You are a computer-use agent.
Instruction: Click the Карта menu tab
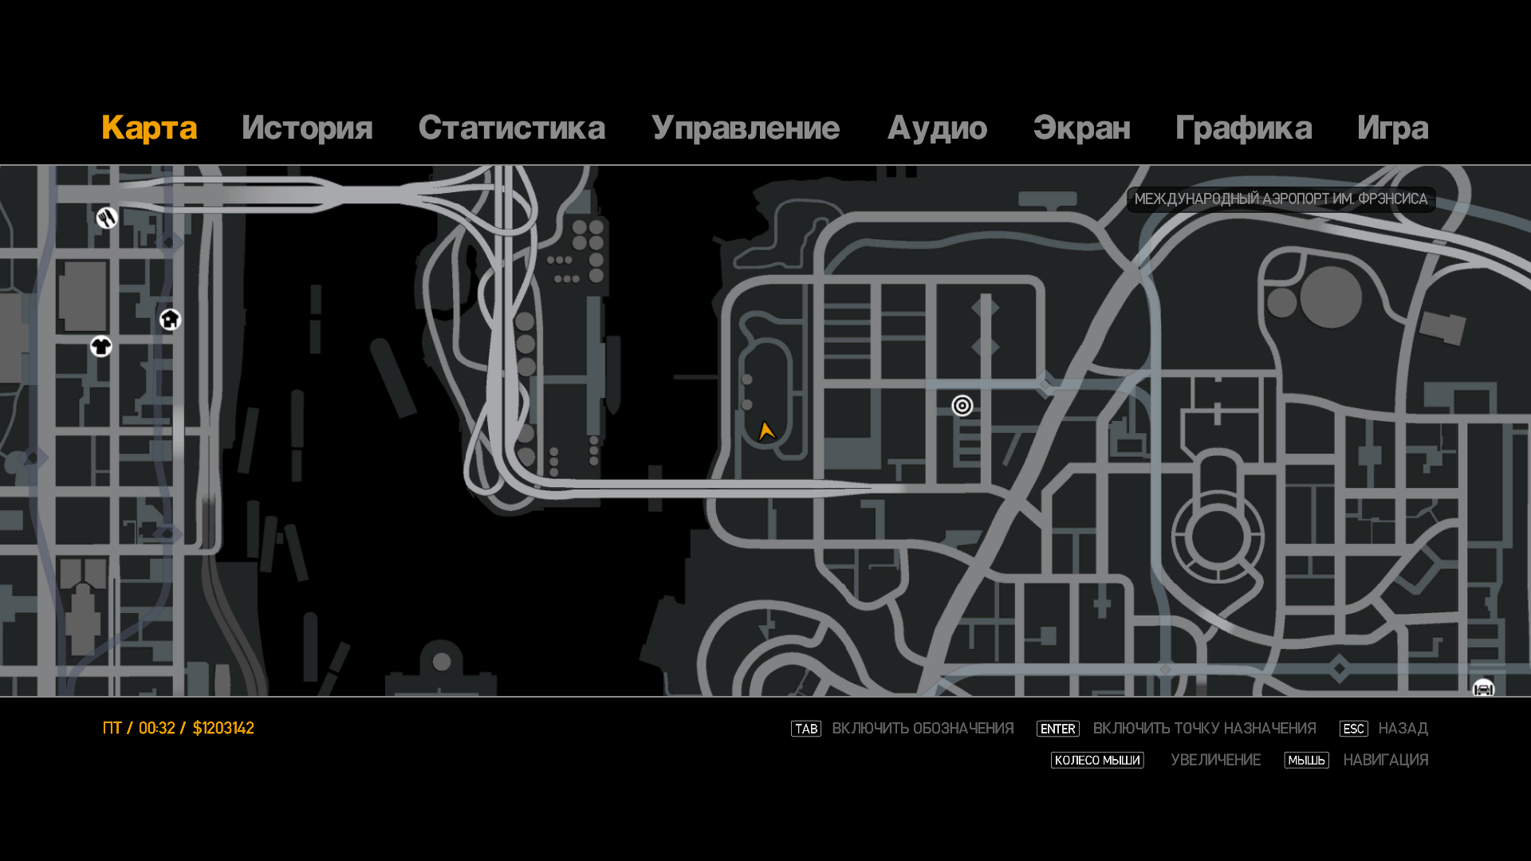pos(149,128)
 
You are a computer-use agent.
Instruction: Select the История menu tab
pos(307,128)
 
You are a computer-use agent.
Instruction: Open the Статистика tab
pos(511,128)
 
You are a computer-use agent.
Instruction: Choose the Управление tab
pos(745,128)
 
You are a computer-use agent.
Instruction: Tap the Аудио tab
pos(937,128)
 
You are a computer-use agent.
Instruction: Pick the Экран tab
pos(1081,128)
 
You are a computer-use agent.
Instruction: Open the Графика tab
pos(1243,128)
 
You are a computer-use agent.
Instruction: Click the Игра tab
pos(1392,128)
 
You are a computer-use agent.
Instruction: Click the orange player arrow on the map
pos(766,431)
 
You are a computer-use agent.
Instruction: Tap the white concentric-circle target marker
pos(962,406)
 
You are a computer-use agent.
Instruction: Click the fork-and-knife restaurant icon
pos(107,218)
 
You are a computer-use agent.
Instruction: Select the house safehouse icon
pos(170,320)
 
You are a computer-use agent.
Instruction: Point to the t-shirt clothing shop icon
pos(101,347)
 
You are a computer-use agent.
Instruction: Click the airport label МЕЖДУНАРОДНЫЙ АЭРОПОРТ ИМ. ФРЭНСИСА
pos(1281,199)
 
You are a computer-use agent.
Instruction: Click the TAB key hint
pos(805,729)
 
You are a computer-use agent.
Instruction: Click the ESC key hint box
pos(1353,729)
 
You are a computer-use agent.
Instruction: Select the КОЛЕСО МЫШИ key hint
pos(1097,761)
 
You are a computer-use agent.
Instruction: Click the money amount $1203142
pos(223,728)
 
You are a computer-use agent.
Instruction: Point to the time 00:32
pos(156,728)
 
